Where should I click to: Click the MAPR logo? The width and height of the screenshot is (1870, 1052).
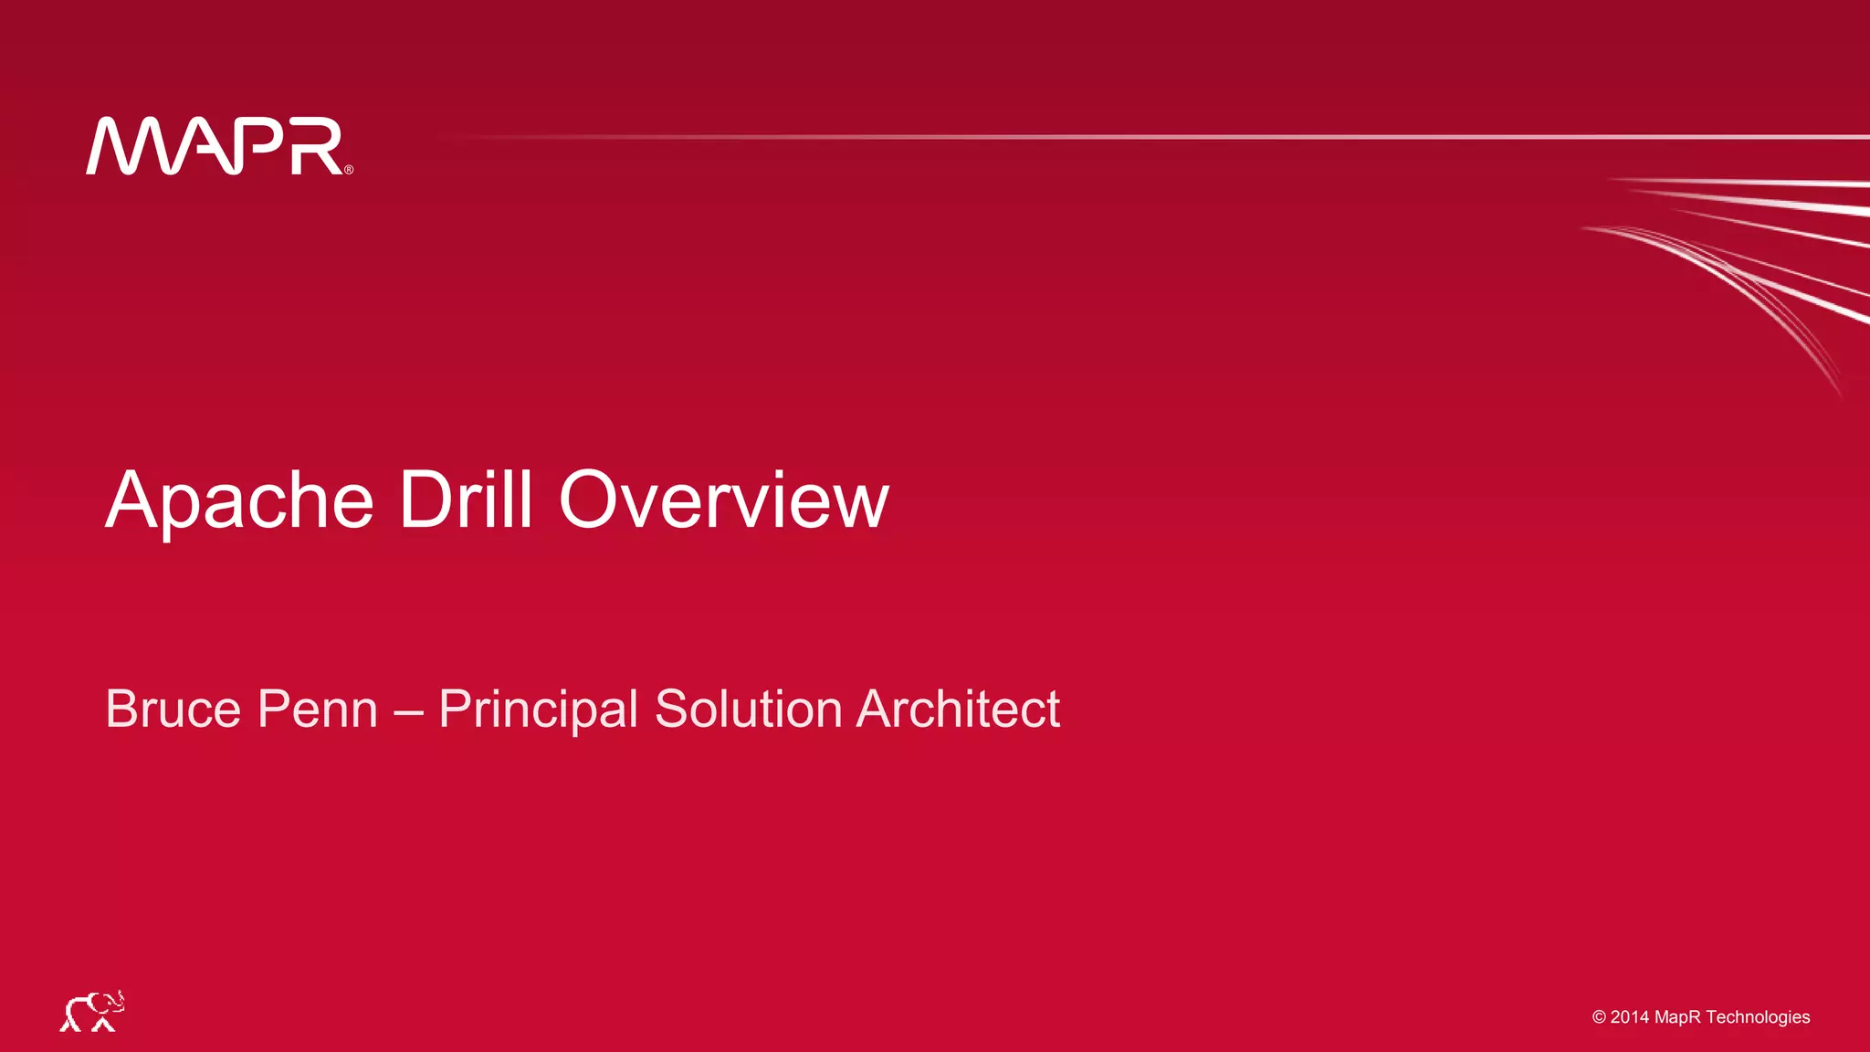pyautogui.click(x=217, y=146)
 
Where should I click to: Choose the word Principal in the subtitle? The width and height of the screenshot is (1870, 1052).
pyautogui.click(x=538, y=710)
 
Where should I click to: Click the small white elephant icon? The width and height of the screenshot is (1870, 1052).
pyautogui.click(x=92, y=1012)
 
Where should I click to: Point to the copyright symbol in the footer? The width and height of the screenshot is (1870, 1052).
pyautogui.click(x=1599, y=1017)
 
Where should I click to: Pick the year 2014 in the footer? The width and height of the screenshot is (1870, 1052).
pyautogui.click(x=1630, y=1017)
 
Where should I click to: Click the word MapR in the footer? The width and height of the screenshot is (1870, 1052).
pyautogui.click(x=1678, y=1017)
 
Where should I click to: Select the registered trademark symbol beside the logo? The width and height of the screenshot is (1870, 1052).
pyautogui.click(x=349, y=170)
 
